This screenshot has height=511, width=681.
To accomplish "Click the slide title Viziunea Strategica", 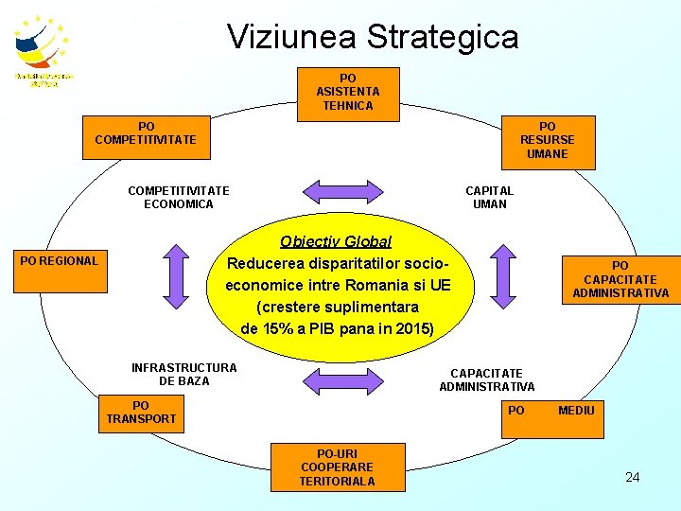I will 373,37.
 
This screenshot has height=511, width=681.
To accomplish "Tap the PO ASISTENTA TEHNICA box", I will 348,92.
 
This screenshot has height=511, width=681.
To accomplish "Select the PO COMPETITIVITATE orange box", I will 146,132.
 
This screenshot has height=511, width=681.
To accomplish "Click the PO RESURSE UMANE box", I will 547,140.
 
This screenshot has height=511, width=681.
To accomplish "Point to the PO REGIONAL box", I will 59,260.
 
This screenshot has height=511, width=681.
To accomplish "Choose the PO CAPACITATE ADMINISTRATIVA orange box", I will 620,280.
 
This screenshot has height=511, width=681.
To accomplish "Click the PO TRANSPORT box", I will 141,413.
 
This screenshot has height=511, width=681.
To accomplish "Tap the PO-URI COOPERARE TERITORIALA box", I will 337,467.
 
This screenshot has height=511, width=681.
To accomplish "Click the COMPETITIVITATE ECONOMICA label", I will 178,197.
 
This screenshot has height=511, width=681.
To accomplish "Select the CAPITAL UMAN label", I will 489,197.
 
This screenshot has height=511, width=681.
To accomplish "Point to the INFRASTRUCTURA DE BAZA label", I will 184,374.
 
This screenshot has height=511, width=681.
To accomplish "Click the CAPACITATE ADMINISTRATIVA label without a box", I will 486,379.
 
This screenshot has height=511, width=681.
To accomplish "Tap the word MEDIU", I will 576,410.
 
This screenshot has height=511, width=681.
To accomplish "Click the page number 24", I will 632,477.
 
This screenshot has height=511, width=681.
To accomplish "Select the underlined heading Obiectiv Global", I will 335,241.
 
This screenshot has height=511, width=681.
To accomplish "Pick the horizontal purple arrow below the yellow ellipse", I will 339,379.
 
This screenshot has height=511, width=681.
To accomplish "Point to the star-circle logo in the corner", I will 43,47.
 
